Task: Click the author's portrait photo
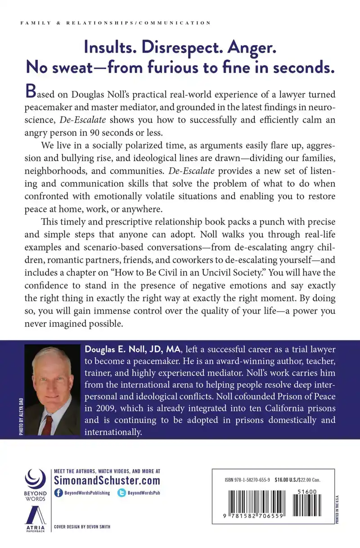click(x=53, y=387)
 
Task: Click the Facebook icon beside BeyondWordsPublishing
click(x=58, y=493)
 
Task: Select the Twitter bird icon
click(x=121, y=493)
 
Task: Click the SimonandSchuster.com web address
click(x=107, y=480)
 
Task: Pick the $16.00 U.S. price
click(x=292, y=480)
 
